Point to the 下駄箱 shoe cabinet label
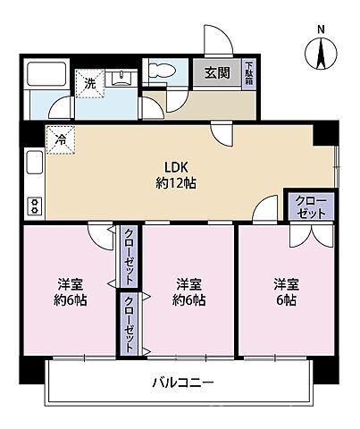coord(249,72)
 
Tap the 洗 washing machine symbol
coord(88,83)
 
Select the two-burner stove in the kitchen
coord(34,206)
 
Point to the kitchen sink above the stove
coord(33,164)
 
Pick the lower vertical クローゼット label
coord(129,324)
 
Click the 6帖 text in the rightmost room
coord(285,299)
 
